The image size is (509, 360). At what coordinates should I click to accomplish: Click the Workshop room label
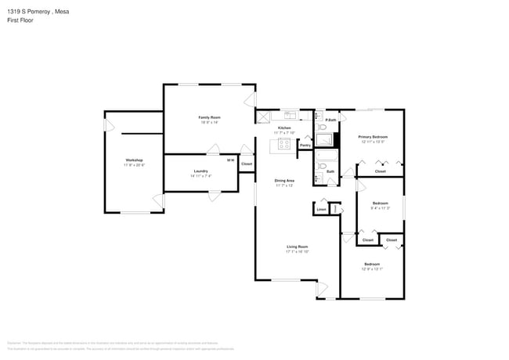(132, 160)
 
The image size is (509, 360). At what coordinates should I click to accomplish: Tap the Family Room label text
(209, 117)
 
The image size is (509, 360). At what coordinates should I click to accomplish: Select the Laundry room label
(200, 171)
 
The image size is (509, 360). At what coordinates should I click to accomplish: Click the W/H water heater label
(229, 160)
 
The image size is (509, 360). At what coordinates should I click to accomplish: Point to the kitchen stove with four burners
(274, 143)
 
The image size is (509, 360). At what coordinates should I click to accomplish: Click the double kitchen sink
(289, 115)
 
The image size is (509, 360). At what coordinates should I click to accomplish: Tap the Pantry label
(305, 145)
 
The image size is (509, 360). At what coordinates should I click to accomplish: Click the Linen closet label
(321, 209)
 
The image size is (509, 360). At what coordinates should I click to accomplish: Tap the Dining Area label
(284, 181)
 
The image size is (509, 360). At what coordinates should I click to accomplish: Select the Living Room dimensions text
(298, 252)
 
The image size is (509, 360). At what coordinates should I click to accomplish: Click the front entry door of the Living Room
(321, 290)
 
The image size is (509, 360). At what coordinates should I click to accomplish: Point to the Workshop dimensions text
(132, 165)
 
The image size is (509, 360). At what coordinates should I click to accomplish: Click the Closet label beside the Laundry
(247, 164)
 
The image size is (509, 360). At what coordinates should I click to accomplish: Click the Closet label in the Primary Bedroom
(380, 171)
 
